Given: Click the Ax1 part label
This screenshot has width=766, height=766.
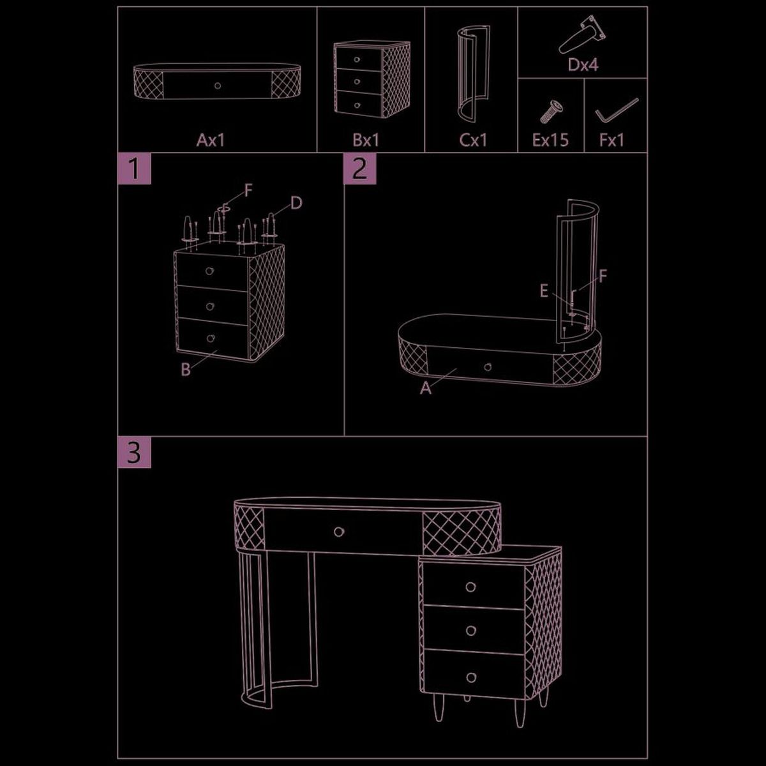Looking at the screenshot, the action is click(x=211, y=140).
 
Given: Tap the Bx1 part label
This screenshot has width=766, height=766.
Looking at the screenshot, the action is click(x=366, y=140).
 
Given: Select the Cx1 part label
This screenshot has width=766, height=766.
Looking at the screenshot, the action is click(x=473, y=140).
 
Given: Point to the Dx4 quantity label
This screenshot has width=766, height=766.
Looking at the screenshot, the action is click(x=583, y=65).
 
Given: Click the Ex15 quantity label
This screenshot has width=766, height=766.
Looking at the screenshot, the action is click(x=550, y=140).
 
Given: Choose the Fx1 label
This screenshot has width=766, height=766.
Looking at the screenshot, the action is click(x=612, y=140).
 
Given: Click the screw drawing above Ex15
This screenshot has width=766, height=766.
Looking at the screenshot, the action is click(x=552, y=111).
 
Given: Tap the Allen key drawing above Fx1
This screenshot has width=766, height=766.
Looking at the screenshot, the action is click(x=617, y=110).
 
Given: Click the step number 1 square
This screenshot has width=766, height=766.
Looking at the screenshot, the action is click(x=134, y=169).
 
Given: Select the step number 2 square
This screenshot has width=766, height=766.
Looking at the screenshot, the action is click(x=360, y=169).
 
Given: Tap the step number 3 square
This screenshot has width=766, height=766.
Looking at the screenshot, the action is click(x=134, y=452).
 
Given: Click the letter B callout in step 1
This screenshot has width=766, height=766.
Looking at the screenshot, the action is click(x=186, y=370).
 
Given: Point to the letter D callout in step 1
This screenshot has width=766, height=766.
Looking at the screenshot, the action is click(x=296, y=203).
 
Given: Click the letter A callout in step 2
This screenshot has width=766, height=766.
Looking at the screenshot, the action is click(x=426, y=388).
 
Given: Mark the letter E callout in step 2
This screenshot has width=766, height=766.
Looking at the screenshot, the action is click(x=544, y=291).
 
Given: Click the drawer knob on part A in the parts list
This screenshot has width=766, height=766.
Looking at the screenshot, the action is click(x=218, y=86).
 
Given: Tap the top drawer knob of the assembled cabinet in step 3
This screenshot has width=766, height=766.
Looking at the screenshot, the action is click(x=470, y=587).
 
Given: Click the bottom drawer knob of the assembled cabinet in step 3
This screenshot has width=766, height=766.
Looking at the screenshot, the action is click(x=471, y=678).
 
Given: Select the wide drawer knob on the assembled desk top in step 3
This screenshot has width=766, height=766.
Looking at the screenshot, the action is click(x=339, y=532).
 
